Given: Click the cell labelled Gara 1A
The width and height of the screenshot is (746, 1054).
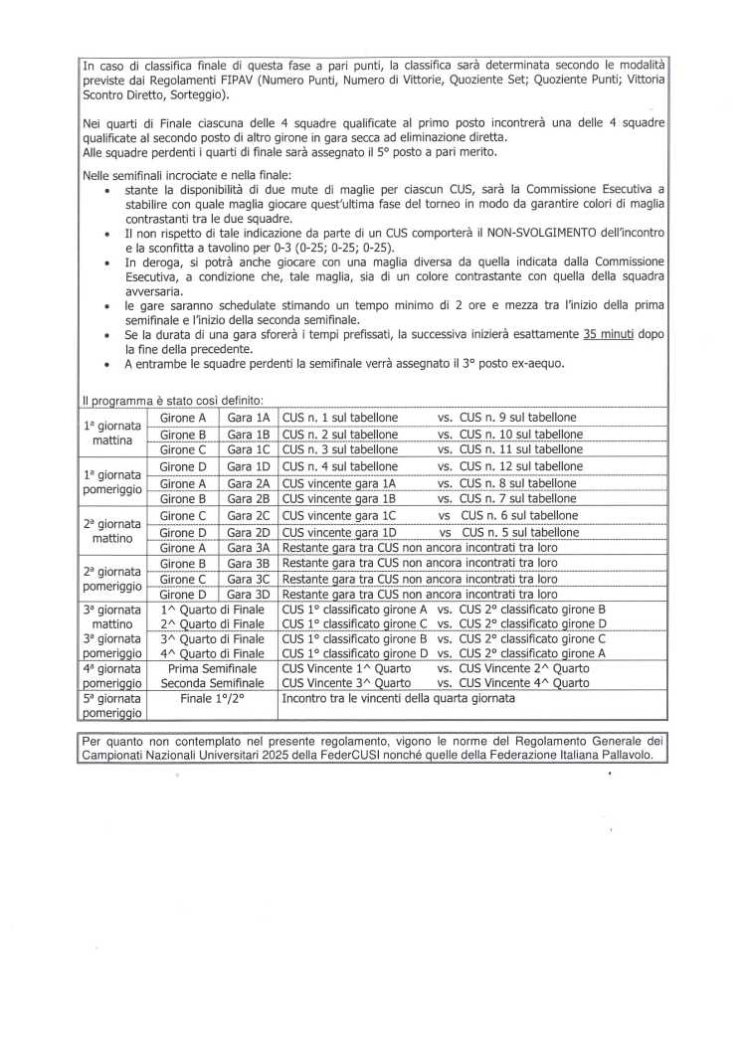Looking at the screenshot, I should click(x=248, y=418).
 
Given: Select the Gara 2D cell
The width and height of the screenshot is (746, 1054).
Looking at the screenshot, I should click(x=248, y=532).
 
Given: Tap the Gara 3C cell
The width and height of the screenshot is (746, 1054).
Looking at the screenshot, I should click(x=248, y=579).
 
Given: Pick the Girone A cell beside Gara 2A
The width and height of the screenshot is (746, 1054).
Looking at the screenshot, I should click(x=183, y=483).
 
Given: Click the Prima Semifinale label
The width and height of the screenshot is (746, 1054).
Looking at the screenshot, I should click(x=212, y=668).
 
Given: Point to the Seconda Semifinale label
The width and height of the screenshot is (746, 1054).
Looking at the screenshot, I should click(x=212, y=683).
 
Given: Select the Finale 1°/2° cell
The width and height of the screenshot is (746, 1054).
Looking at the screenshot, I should click(x=212, y=699).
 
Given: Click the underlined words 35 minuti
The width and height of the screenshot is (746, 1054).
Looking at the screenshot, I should click(x=610, y=336).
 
